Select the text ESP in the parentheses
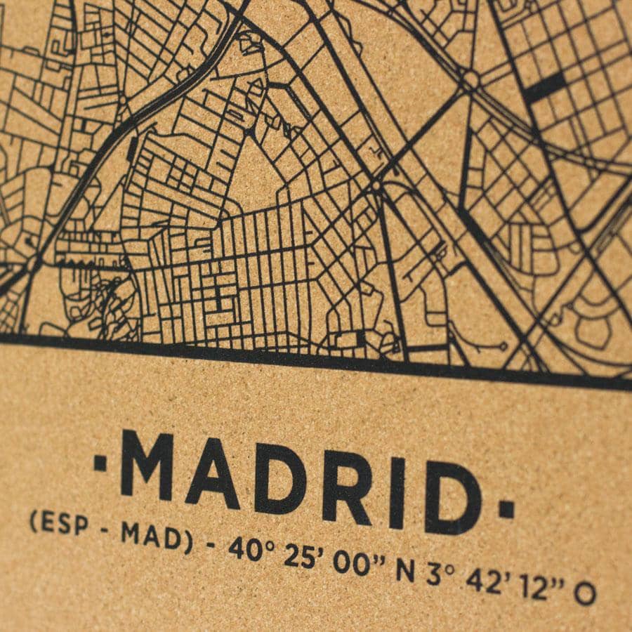pyautogui.click(x=59, y=523)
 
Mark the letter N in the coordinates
pyautogui.click(x=405, y=570)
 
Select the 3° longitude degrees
pyautogui.click(x=437, y=575)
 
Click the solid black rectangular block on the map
pyautogui.click(x=546, y=88)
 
